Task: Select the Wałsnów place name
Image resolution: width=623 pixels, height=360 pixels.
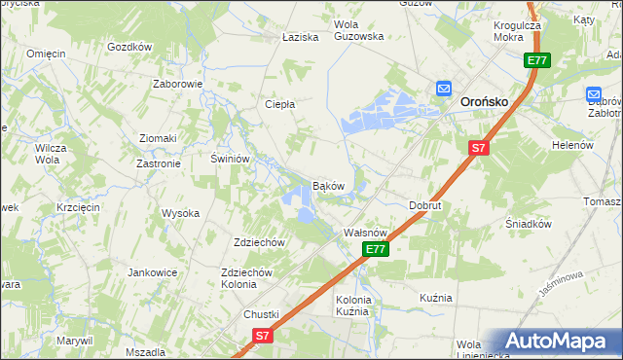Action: (x=367, y=234)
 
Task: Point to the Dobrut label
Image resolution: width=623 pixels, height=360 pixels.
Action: (x=425, y=206)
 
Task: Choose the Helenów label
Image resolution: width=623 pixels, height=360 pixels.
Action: (x=572, y=145)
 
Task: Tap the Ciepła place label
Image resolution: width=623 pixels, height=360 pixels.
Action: (x=280, y=104)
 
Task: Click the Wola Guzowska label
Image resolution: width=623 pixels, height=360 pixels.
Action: (x=359, y=30)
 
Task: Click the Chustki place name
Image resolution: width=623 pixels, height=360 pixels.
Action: (x=261, y=314)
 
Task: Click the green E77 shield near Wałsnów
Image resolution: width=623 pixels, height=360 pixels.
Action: (x=377, y=250)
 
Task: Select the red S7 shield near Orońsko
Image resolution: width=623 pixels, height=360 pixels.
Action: (x=477, y=148)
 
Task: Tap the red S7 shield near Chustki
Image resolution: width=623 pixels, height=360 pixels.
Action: (x=261, y=335)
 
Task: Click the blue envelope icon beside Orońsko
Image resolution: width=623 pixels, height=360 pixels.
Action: (x=443, y=89)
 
